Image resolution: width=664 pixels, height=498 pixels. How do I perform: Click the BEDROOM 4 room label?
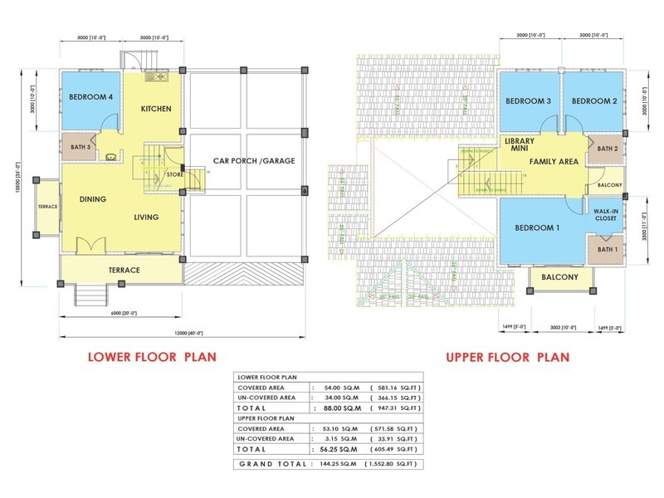[91, 97]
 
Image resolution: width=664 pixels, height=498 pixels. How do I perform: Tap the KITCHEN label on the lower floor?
[155, 110]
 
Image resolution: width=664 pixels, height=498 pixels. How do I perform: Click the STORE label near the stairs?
[173, 174]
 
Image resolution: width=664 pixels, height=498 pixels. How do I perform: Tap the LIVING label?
[147, 217]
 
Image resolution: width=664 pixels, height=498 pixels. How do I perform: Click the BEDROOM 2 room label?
[593, 101]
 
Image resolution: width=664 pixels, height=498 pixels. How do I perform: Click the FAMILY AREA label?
[554, 162]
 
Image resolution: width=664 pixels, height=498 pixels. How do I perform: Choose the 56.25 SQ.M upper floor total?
[342, 450]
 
